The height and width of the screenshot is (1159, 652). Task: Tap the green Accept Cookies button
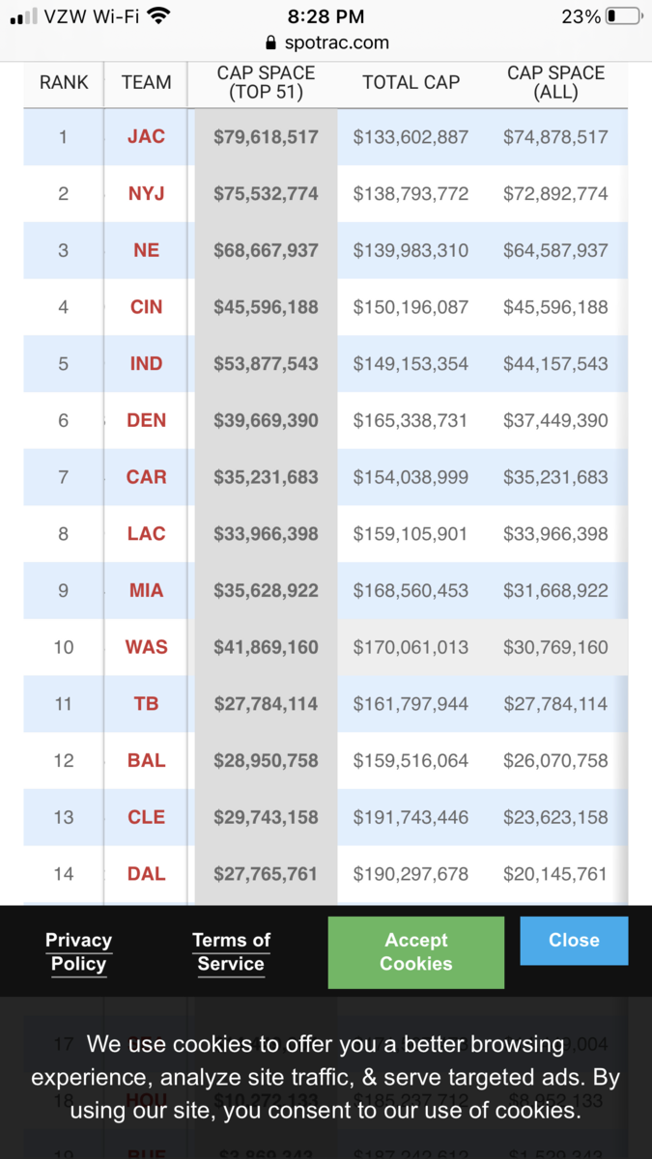[416, 952]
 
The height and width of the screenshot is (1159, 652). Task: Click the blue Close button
[574, 941]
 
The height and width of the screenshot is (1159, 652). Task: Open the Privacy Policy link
[78, 952]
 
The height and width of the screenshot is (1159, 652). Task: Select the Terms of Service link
[231, 952]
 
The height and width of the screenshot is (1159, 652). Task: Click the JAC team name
[146, 137]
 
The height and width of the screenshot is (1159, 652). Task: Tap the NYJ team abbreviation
[146, 193]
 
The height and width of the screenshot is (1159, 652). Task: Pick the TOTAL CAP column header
[411, 83]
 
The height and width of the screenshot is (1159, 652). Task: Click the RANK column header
[64, 83]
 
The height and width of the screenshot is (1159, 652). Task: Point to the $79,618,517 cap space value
[266, 137]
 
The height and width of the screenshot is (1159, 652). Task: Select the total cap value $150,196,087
[411, 307]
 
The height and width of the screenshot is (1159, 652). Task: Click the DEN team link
[146, 420]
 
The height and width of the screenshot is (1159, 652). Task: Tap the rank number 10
[64, 647]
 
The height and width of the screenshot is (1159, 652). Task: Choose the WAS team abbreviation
[146, 647]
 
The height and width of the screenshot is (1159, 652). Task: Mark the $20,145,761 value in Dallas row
[555, 874]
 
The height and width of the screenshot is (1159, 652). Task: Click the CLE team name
[146, 817]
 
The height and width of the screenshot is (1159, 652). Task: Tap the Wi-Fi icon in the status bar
[159, 15]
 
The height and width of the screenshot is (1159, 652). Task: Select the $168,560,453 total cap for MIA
[411, 590]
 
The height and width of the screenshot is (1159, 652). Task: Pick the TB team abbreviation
[146, 704]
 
